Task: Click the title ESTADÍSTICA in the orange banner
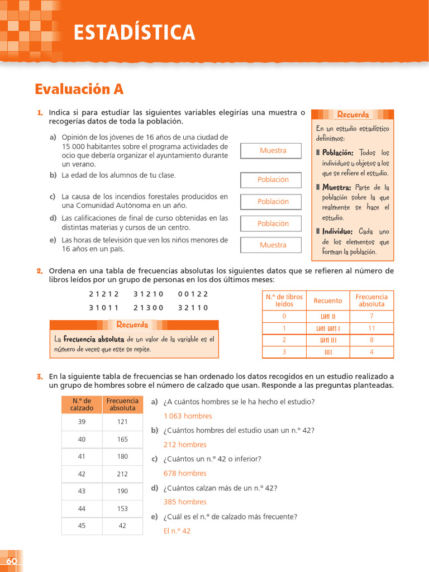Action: coord(135,32)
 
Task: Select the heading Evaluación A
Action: coord(79,89)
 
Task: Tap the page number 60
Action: coord(12,561)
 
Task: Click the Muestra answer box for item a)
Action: coord(273,151)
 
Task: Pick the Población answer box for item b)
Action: coord(273,180)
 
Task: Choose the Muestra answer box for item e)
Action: coord(273,245)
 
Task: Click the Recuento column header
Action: coord(328,301)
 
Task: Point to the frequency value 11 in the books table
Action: coord(371,328)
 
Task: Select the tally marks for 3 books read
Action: coord(328,352)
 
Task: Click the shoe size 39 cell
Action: coord(82,422)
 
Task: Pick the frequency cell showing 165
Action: coord(122,440)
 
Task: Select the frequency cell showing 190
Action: coord(122,492)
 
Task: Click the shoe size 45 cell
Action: coord(82,526)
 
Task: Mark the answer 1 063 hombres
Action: coord(188,416)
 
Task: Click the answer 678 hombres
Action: coord(185,473)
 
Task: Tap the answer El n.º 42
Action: coord(177,531)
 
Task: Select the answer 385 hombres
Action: coord(185,502)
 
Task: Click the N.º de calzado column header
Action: coord(82,404)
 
